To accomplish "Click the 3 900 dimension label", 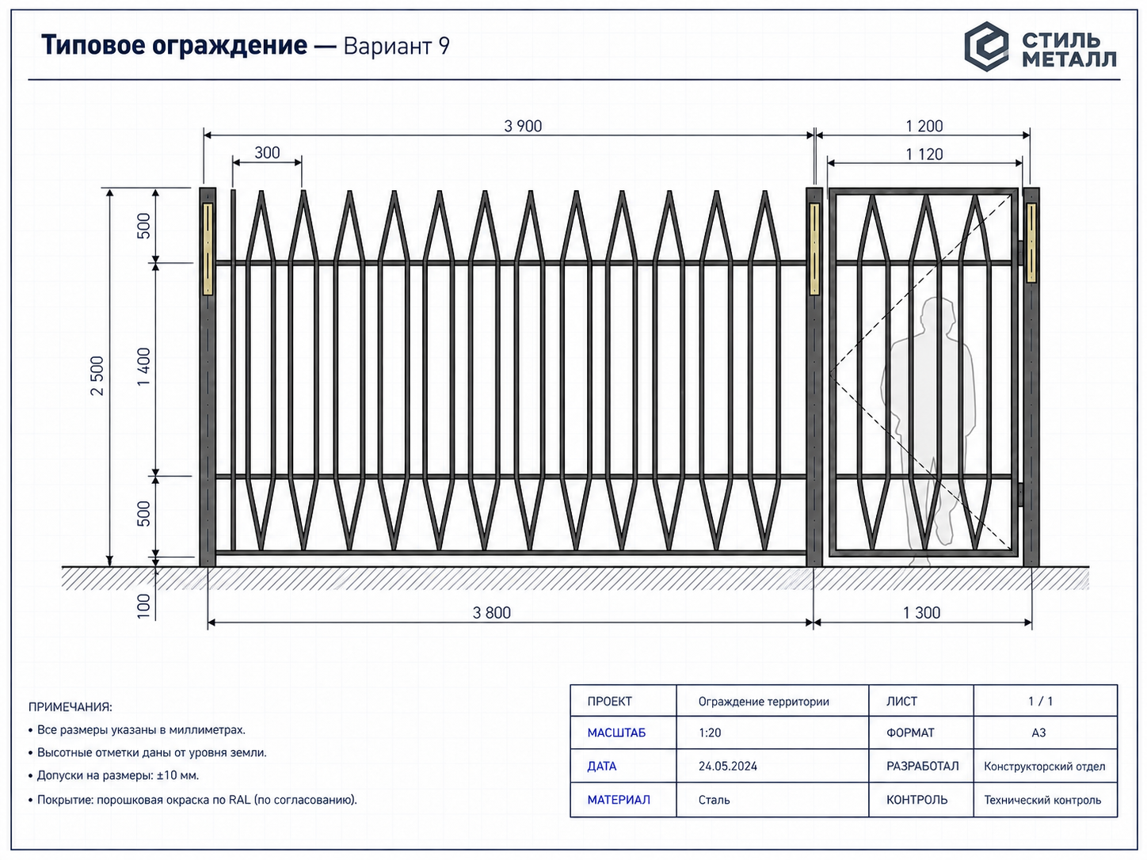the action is (523, 126).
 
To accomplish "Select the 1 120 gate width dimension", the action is (924, 154).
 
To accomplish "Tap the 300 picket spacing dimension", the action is (267, 153).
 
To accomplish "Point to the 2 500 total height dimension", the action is (97, 375).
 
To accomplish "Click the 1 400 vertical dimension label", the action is (143, 367).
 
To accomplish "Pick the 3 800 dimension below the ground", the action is (491, 612).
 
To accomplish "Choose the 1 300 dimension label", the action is (921, 612).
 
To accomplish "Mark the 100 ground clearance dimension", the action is (143, 606).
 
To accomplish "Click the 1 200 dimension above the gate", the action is (924, 126).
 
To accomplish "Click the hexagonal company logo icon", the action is (986, 47).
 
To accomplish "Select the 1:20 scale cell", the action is (710, 733).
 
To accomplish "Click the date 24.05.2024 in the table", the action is (727, 766).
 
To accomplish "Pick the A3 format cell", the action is (1038, 733).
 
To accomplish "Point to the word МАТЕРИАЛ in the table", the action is (619, 800).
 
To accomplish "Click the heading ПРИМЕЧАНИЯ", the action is (70, 707).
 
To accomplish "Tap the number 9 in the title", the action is (444, 46).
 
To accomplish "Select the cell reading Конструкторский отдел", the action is (1045, 767).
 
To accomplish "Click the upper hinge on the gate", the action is (1021, 252).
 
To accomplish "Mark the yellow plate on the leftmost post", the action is (208, 249).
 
